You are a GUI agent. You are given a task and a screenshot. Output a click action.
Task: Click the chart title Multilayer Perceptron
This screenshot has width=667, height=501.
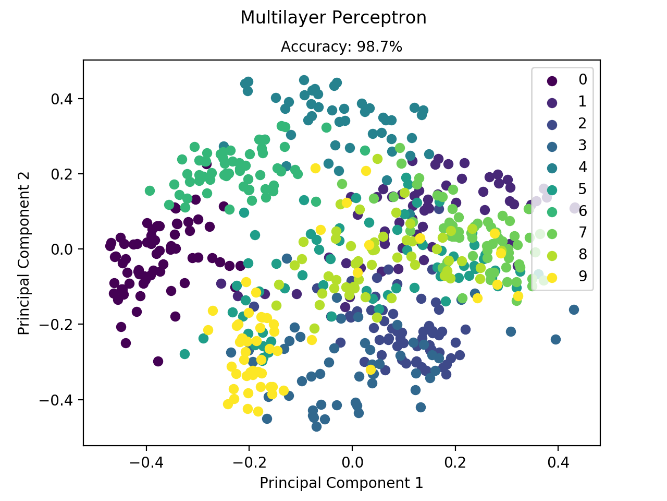333,18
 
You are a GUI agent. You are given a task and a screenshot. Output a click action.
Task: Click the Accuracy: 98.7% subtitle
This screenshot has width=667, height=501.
341,47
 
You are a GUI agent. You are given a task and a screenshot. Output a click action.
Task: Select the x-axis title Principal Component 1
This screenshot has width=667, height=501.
341,483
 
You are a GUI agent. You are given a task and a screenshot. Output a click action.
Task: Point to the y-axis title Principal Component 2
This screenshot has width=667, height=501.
24,253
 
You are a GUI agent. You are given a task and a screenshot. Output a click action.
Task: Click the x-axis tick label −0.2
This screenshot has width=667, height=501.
249,462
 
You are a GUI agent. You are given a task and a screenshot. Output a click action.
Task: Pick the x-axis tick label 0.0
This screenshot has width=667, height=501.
352,462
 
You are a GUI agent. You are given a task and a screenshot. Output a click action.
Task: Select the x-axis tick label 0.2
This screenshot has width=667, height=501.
455,462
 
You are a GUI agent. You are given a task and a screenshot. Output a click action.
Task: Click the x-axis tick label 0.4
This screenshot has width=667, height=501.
558,462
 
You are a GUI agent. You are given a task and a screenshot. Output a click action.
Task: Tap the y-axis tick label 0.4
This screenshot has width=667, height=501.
63,99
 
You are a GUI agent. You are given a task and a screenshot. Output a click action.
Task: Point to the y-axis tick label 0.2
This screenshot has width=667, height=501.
63,174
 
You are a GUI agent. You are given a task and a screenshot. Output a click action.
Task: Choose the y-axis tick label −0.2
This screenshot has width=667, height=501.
58,325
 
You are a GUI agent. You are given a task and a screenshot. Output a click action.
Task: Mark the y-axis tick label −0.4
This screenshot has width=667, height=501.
58,400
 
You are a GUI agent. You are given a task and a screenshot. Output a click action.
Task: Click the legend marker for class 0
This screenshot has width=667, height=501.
551,80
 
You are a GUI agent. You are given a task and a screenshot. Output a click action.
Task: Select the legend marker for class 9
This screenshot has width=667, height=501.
551,277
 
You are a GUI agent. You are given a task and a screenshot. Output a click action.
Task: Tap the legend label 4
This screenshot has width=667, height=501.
583,167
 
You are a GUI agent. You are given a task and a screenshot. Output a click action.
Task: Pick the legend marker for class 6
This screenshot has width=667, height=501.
551,211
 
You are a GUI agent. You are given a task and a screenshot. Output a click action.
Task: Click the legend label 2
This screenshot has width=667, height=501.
583,123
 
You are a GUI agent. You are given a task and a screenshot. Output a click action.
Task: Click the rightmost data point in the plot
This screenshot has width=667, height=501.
575,208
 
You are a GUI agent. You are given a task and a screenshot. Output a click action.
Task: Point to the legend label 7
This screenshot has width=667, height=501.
583,233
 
